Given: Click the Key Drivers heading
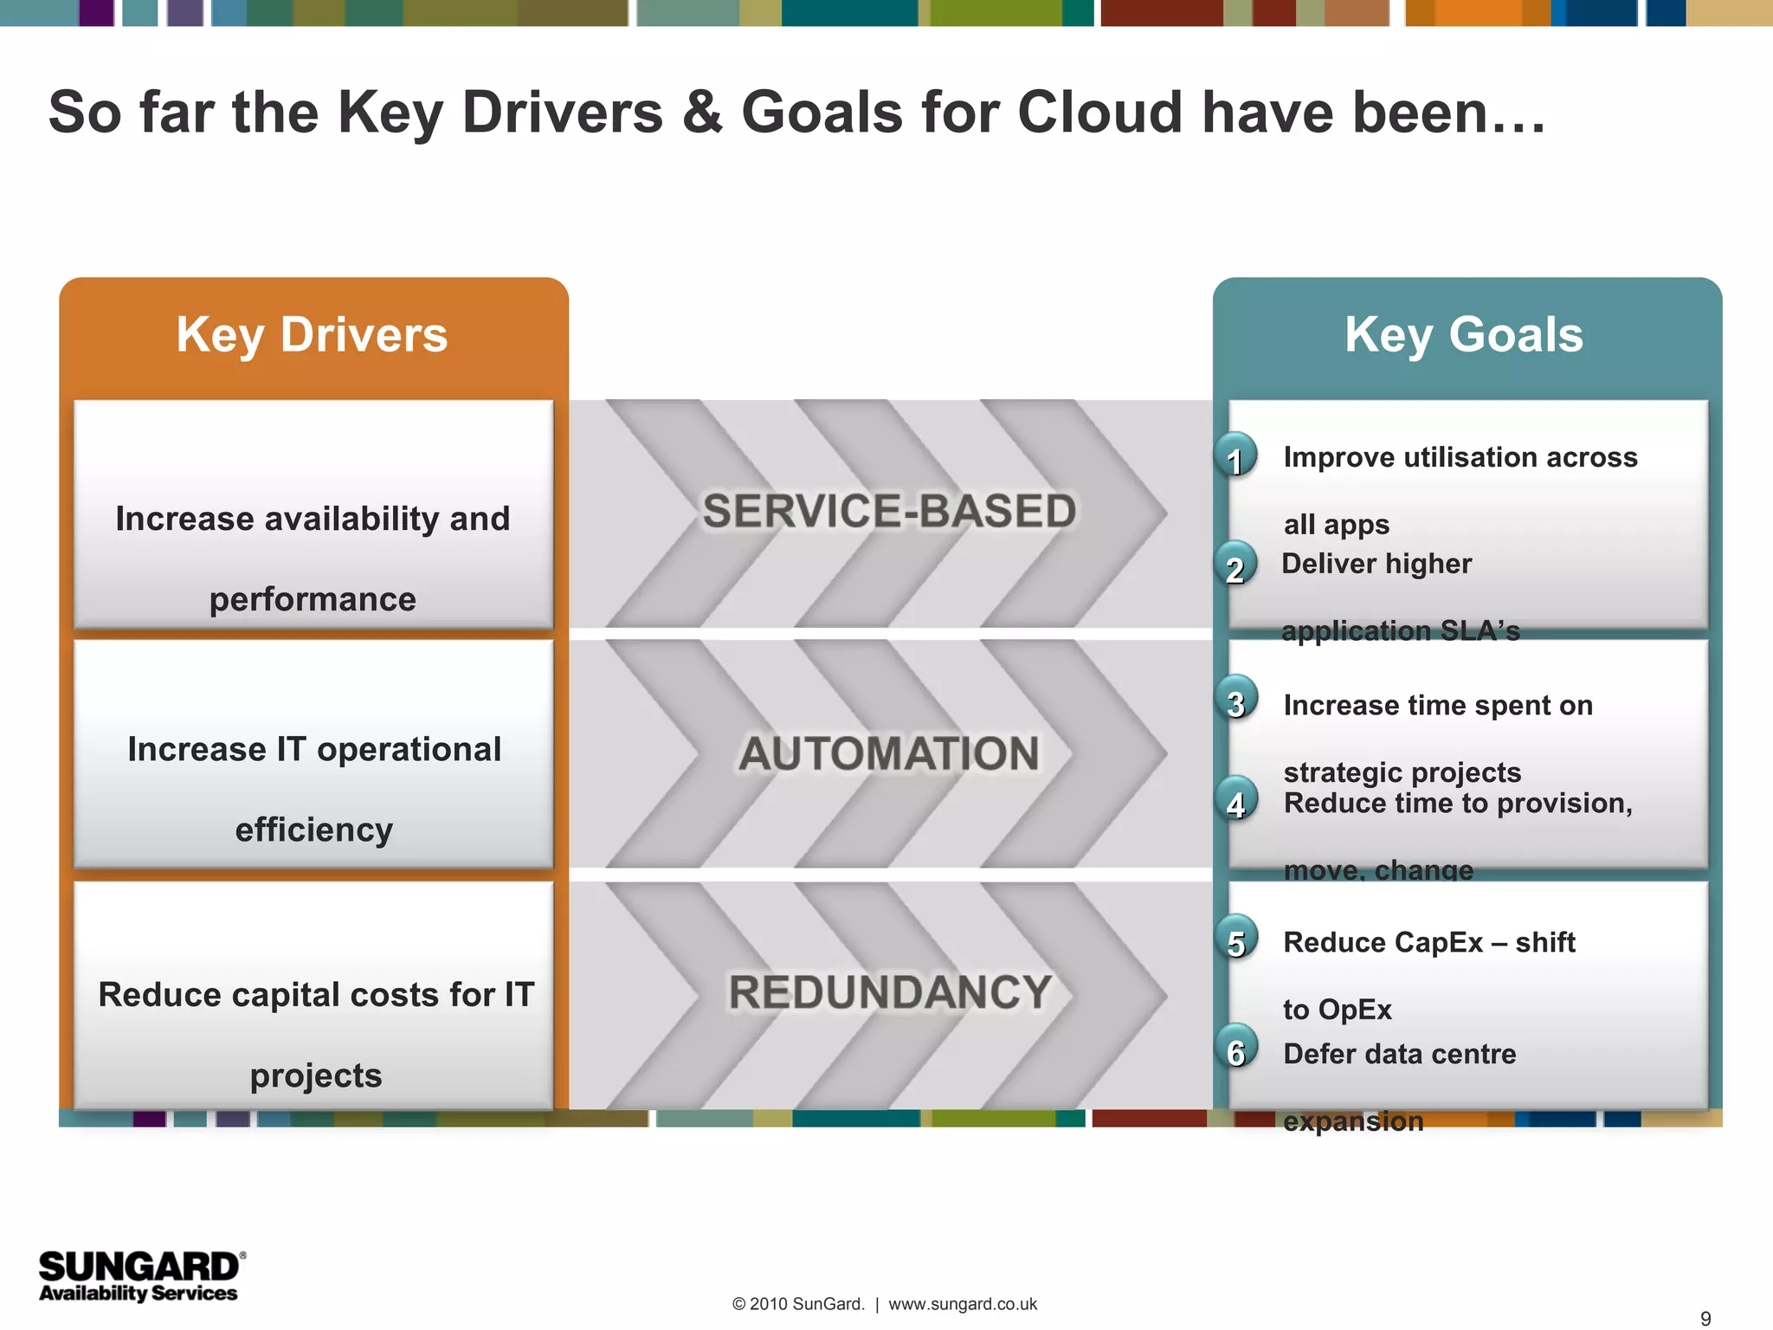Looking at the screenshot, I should pyautogui.click(x=312, y=335).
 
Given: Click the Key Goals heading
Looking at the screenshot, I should pyautogui.click(x=1463, y=335).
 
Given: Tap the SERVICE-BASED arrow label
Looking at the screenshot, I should pyautogui.click(x=889, y=511).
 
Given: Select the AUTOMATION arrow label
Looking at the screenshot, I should pyautogui.click(x=889, y=753).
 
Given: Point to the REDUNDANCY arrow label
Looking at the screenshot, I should pyautogui.click(x=889, y=992).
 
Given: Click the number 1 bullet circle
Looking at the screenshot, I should pyautogui.click(x=1235, y=456).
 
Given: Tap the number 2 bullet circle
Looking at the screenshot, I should pyautogui.click(x=1235, y=565).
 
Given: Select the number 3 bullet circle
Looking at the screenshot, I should pyautogui.click(x=1236, y=700).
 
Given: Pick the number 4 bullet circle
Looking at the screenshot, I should pyautogui.click(x=1236, y=801).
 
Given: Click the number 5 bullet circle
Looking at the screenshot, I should pyautogui.click(x=1236, y=939).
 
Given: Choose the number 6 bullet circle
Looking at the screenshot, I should pyautogui.click(x=1236, y=1049).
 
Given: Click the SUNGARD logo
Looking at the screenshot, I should pyautogui.click(x=141, y=1275).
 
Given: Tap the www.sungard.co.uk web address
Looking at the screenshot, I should pyautogui.click(x=962, y=1304).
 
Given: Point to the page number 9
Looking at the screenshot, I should pyautogui.click(x=1705, y=1318).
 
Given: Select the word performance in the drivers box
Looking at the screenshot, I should pyautogui.click(x=313, y=599).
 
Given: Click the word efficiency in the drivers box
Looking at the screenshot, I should pyautogui.click(x=313, y=830).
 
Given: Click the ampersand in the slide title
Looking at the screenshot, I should pyautogui.click(x=701, y=113).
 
